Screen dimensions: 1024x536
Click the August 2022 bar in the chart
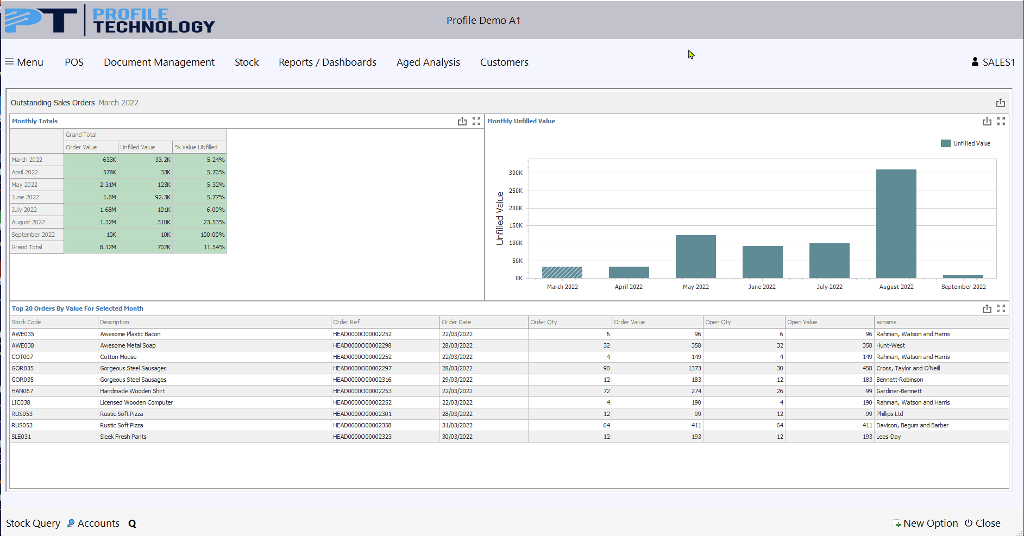896,224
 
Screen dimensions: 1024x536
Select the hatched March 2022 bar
562,272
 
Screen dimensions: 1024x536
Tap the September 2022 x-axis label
963,287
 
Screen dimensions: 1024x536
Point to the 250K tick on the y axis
516,191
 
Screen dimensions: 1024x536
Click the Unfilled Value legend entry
966,143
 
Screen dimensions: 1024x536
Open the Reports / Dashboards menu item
328,62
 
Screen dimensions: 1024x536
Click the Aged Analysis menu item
428,62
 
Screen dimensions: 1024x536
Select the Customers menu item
504,62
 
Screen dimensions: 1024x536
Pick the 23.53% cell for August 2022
199,222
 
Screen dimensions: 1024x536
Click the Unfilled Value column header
137,147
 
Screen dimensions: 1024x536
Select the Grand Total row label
27,247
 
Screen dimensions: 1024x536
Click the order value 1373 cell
657,368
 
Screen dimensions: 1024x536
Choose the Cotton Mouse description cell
118,357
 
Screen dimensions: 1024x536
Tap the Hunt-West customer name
890,345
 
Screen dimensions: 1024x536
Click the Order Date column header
456,322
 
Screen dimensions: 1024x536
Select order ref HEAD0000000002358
362,425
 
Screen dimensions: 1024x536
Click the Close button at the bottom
983,524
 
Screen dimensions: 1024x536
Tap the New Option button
925,524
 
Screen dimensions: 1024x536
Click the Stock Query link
33,524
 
